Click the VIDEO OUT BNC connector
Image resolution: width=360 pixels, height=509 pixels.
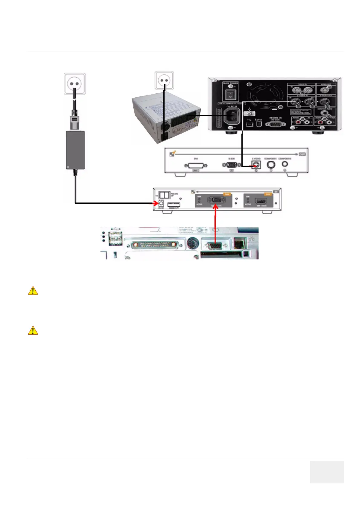click(325, 90)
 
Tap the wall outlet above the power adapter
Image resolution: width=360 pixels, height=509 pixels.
click(75, 84)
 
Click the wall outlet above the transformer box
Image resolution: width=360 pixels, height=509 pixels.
click(164, 80)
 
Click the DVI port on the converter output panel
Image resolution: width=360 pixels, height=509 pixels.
click(195, 166)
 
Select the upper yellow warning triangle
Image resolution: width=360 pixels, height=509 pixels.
click(33, 291)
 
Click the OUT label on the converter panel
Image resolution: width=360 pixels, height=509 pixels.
click(302, 154)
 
